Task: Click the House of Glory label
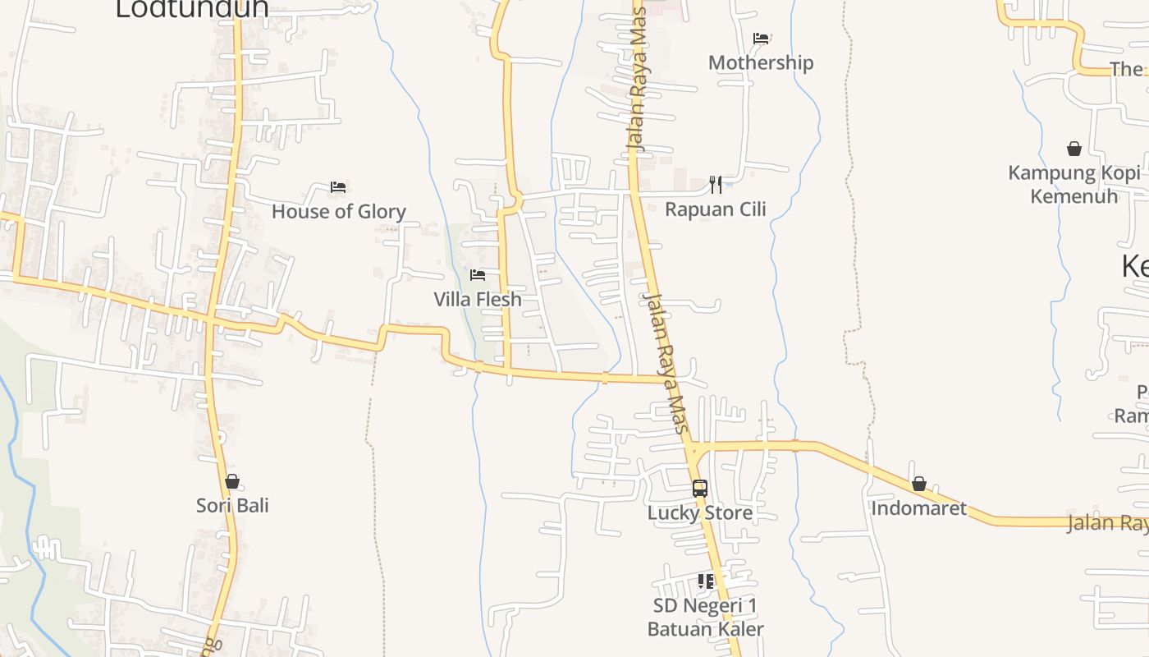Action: pos(338,212)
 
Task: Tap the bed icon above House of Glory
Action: pos(337,187)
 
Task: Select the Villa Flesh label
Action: pos(478,300)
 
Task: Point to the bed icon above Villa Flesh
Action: pos(478,275)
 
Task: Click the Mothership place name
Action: pos(761,63)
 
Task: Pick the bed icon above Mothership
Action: pos(761,38)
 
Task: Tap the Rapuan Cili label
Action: pos(715,209)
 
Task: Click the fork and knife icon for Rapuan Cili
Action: pos(716,184)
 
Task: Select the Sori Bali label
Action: pos(232,506)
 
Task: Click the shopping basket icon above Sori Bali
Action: pos(232,481)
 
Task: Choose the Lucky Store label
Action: pos(700,513)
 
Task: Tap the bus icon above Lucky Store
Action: pos(700,488)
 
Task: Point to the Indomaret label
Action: pos(918,508)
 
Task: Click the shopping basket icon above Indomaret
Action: pos(919,485)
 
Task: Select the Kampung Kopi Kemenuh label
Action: pos(1073,185)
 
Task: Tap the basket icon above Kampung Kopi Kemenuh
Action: pos(1073,149)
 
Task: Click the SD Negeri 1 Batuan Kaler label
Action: pos(705,618)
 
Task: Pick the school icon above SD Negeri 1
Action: pos(706,581)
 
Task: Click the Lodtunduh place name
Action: pos(192,8)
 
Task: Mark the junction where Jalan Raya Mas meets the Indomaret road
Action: pos(692,448)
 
